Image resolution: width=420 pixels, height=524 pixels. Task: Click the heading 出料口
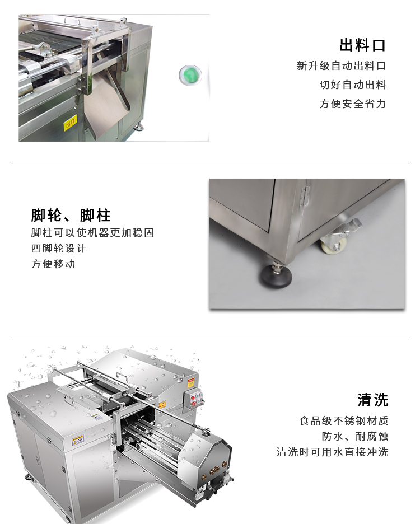tap(362, 45)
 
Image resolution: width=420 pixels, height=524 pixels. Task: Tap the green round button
tap(190, 75)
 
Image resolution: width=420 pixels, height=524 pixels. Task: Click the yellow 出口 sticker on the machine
tap(70, 122)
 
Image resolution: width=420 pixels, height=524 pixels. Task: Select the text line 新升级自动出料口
tap(341, 66)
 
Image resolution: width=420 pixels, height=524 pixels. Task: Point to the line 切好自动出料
tap(353, 85)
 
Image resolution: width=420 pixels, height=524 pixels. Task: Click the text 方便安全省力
tap(353, 104)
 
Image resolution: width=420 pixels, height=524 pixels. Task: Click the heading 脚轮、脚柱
tap(71, 216)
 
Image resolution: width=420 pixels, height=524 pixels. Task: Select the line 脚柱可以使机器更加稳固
tap(92, 233)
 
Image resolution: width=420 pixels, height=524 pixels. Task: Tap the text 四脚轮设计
tap(59, 249)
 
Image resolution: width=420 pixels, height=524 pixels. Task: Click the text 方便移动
tap(53, 264)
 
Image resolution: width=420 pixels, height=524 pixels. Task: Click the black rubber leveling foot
tap(276, 275)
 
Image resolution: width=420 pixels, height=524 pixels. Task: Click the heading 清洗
tap(373, 400)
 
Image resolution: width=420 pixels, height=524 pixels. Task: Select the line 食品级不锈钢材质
tap(344, 421)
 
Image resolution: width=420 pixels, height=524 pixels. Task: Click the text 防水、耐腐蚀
tap(351, 437)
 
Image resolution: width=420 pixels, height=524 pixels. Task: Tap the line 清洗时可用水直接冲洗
tap(332, 452)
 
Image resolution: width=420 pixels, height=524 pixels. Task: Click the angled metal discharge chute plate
tap(106, 104)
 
